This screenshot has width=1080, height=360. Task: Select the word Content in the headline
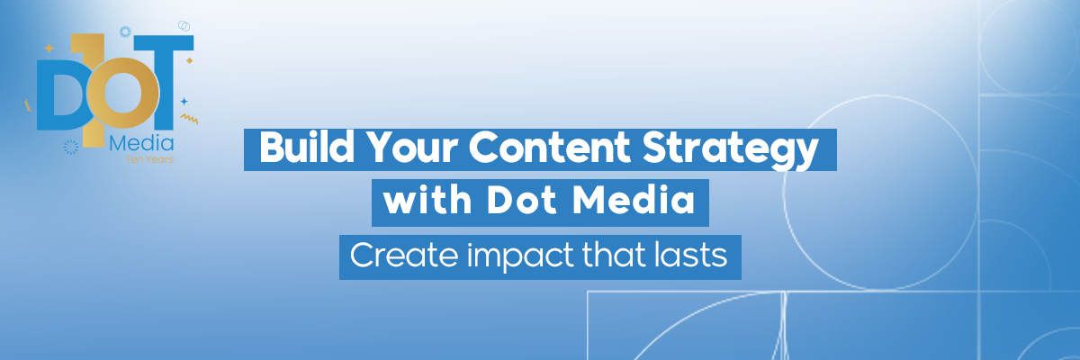pyautogui.click(x=550, y=147)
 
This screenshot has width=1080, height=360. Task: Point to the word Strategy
pyautogui.click(x=731, y=150)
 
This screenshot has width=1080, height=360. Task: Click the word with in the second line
pyautogui.click(x=427, y=200)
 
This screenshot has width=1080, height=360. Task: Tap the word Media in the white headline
pyautogui.click(x=633, y=200)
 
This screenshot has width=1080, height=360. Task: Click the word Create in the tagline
pyautogui.click(x=404, y=255)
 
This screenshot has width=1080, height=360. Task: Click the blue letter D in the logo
pyautogui.click(x=59, y=94)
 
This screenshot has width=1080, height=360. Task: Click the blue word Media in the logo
pyautogui.click(x=141, y=143)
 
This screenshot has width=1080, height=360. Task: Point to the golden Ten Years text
pyautogui.click(x=149, y=159)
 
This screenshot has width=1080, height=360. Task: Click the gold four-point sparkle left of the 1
pyautogui.click(x=49, y=48)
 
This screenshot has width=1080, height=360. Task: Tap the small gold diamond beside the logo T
pyautogui.click(x=190, y=60)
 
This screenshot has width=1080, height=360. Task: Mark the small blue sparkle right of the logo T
pyautogui.click(x=184, y=101)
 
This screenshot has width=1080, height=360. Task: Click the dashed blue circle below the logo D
pyautogui.click(x=71, y=147)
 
